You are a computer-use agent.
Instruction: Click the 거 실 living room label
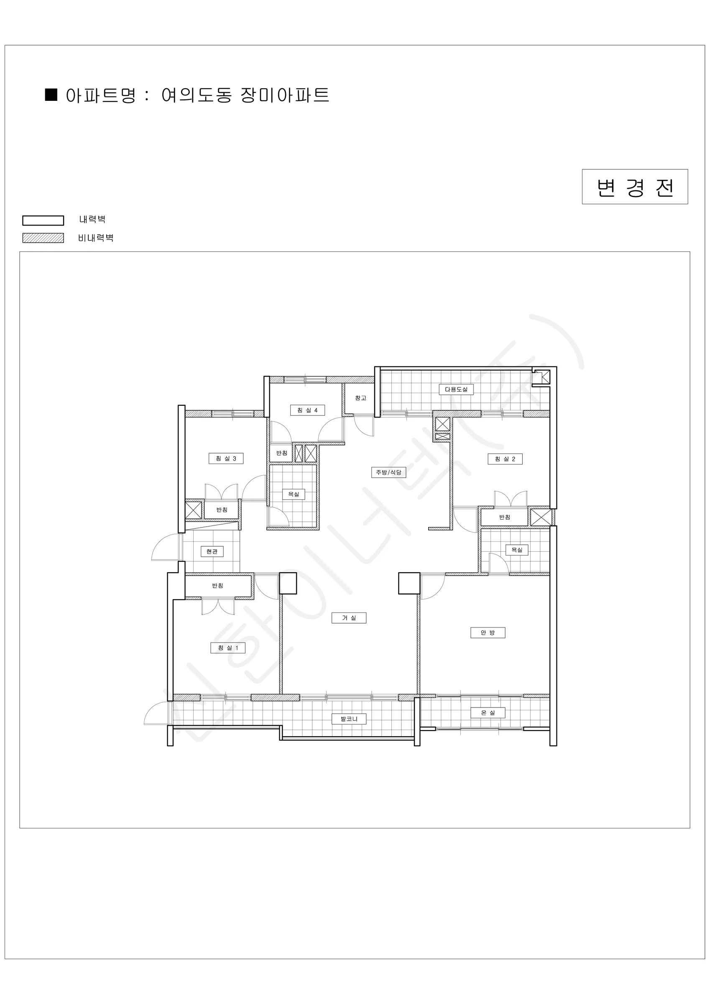pyautogui.click(x=349, y=618)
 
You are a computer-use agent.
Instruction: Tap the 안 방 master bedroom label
pyautogui.click(x=488, y=633)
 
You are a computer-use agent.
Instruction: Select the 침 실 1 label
pyautogui.click(x=228, y=648)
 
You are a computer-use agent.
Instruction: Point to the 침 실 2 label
pyautogui.click(x=505, y=459)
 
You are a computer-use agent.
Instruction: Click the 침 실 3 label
pyautogui.click(x=226, y=458)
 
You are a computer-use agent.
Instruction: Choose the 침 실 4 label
pyautogui.click(x=307, y=410)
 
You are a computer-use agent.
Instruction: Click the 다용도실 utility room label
pyautogui.click(x=456, y=389)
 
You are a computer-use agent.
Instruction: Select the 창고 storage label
pyautogui.click(x=361, y=398)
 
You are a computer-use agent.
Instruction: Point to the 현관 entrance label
pyautogui.click(x=212, y=551)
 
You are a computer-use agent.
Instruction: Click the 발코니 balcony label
pyautogui.click(x=349, y=718)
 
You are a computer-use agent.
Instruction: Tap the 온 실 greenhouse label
pyautogui.click(x=488, y=713)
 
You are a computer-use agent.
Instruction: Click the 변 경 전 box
pyautogui.click(x=635, y=187)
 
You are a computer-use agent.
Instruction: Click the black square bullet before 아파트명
pyautogui.click(x=51, y=95)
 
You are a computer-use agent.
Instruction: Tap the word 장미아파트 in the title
pyautogui.click(x=285, y=95)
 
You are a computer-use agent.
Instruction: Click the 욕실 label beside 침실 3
pyautogui.click(x=294, y=494)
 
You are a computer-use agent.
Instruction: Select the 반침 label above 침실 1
pyautogui.click(x=218, y=586)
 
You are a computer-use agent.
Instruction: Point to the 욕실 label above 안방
pyautogui.click(x=517, y=550)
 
